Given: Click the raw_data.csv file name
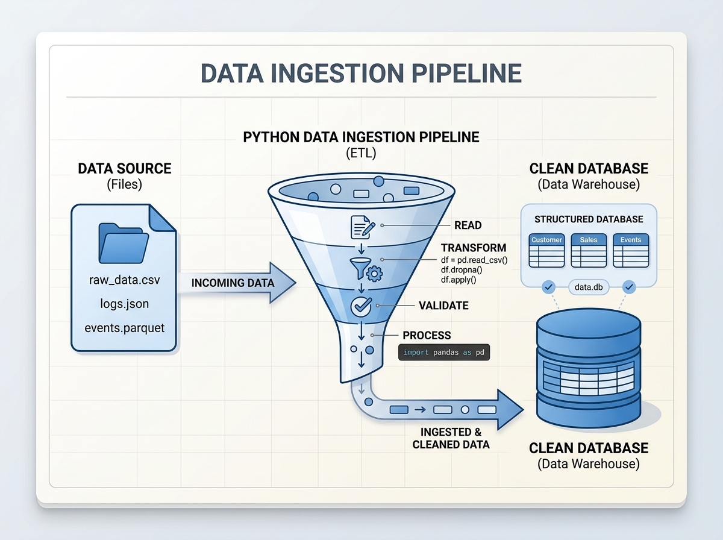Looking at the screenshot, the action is click(x=125, y=280).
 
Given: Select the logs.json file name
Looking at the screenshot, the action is click(x=125, y=304).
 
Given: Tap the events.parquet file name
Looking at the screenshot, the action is click(x=125, y=328).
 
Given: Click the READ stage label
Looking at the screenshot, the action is click(x=468, y=225).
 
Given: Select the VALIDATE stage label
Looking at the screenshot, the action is click(x=443, y=306).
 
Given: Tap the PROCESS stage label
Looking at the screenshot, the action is click(x=427, y=336).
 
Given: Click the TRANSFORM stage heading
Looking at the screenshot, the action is click(x=474, y=248).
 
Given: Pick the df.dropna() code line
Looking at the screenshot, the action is click(x=462, y=270).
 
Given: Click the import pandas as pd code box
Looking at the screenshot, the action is click(x=443, y=353).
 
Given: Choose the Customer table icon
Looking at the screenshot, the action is click(x=546, y=250).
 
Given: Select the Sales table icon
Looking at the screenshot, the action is click(x=589, y=250).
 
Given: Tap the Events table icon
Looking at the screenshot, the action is click(x=631, y=250).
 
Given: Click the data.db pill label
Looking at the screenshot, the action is click(x=589, y=287).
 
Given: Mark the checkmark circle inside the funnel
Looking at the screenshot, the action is click(x=361, y=307).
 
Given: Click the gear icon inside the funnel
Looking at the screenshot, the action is click(x=374, y=274).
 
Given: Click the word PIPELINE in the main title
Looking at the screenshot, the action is click(x=466, y=73).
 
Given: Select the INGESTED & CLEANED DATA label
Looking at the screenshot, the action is click(x=451, y=438).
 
